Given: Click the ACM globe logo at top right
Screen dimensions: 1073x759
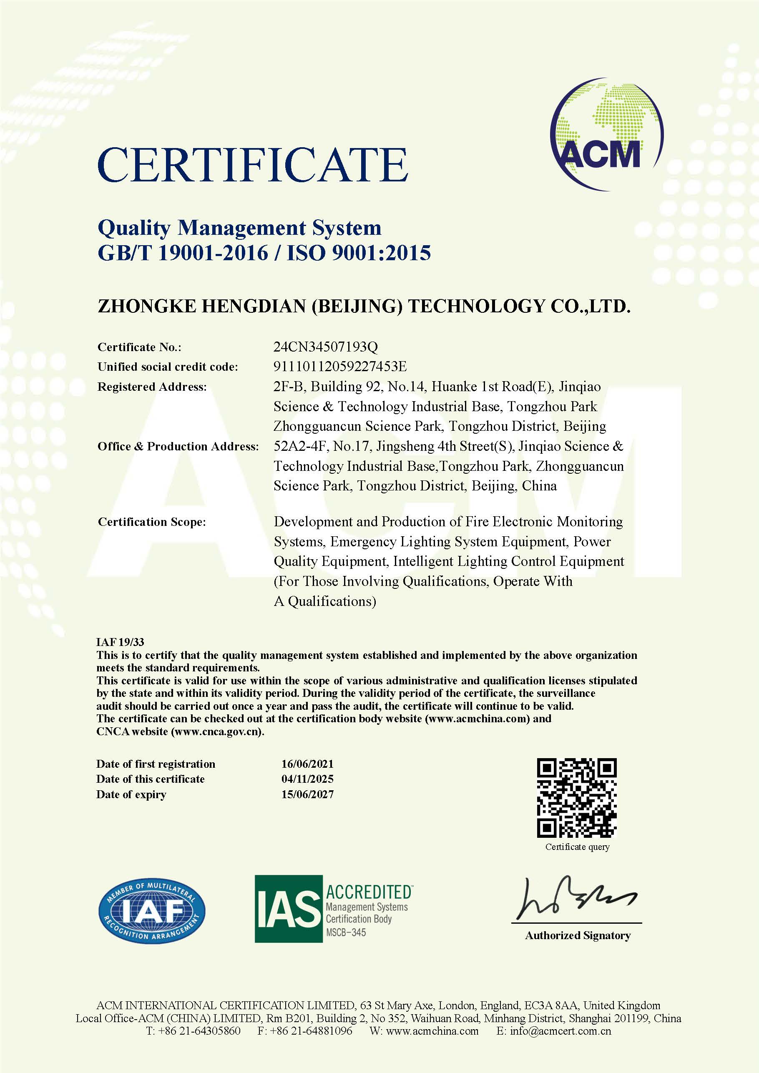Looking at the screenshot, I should pyautogui.click(x=607, y=134).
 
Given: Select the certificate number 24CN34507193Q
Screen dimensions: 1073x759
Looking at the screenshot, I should pyautogui.click(x=325, y=347).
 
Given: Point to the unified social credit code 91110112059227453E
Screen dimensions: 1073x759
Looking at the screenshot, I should pyautogui.click(x=340, y=367).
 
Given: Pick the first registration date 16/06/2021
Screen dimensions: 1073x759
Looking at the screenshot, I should pyautogui.click(x=307, y=764).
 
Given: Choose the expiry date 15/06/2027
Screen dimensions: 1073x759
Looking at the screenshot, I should pyautogui.click(x=307, y=794).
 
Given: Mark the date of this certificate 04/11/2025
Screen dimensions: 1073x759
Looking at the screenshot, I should pyautogui.click(x=307, y=779).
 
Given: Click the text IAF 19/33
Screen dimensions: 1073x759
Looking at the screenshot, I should pyautogui.click(x=120, y=642).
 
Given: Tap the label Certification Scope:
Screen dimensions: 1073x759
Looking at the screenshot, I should pyautogui.click(x=151, y=522).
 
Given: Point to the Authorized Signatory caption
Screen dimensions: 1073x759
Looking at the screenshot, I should pyautogui.click(x=578, y=935).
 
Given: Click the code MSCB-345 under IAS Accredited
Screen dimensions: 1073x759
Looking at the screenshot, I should pyautogui.click(x=346, y=932).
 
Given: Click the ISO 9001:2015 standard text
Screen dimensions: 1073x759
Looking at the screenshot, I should pyautogui.click(x=359, y=253).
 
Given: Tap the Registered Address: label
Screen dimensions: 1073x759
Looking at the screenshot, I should pyautogui.click(x=151, y=387).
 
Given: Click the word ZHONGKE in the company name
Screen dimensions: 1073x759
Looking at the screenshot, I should pyautogui.click(x=147, y=306).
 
